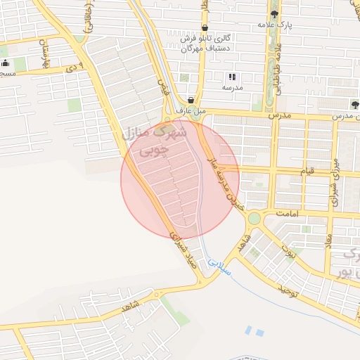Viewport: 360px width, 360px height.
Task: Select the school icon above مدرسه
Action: pos(231,77)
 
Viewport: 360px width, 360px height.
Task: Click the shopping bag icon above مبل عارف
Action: pos(191,101)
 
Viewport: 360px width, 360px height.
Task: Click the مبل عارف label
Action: pos(191,112)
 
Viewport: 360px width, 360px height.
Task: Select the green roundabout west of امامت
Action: pos(253,219)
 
